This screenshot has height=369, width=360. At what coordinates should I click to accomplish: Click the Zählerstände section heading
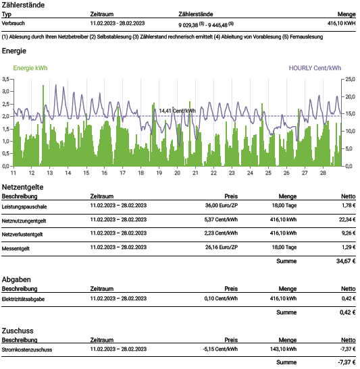click(23, 5)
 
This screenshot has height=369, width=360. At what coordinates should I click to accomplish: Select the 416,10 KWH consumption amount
click(341, 24)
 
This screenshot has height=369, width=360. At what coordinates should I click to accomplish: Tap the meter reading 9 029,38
click(188, 25)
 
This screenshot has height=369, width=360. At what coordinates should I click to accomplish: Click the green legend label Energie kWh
click(30, 68)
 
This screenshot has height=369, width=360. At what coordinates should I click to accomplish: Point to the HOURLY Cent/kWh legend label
click(315, 68)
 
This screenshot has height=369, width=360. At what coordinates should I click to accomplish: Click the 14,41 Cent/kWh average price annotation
click(177, 111)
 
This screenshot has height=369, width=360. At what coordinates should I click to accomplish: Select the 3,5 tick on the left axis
click(5, 79)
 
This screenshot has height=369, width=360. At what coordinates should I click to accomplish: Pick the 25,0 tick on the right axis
click(351, 80)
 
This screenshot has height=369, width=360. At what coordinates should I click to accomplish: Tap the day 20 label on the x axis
click(177, 173)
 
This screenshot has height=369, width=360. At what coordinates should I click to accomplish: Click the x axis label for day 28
click(323, 173)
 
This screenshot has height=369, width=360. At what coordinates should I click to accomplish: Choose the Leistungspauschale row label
click(24, 206)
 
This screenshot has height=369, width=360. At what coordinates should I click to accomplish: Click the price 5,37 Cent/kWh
click(221, 219)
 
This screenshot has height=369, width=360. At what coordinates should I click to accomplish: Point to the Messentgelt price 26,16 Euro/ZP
click(222, 247)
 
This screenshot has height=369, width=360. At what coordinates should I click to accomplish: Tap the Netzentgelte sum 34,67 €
click(346, 261)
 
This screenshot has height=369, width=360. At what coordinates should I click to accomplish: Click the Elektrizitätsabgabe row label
click(23, 299)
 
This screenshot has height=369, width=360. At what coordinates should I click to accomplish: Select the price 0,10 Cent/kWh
click(221, 298)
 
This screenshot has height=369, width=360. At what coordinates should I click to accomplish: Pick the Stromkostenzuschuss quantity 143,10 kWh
click(283, 349)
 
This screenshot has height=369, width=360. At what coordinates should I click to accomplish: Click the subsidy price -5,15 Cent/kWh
click(220, 349)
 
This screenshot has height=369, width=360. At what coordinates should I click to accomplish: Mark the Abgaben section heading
click(16, 279)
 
